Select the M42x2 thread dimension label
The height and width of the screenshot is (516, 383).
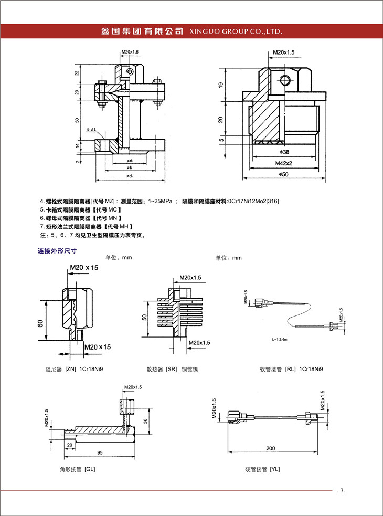283,163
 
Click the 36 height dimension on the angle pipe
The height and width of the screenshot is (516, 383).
145,420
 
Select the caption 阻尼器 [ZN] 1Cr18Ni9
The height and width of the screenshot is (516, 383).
73,369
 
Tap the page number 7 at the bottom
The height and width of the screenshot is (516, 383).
342,491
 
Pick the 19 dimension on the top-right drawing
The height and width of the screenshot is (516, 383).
221,85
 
